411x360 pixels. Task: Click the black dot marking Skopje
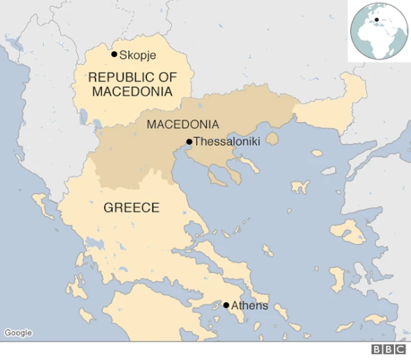pyautogui.click(x=114, y=55)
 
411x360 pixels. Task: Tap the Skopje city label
pyautogui.click(x=138, y=55)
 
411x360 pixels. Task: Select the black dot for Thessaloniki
pyautogui.click(x=189, y=142)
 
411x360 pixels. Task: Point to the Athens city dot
pyautogui.click(x=226, y=305)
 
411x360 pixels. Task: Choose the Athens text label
pyautogui.click(x=250, y=306)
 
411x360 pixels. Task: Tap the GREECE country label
pyautogui.click(x=132, y=208)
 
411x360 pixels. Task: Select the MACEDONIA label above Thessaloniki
pyautogui.click(x=182, y=124)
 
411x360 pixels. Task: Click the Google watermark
pyautogui.click(x=18, y=332)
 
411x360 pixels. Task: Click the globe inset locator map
pyautogui.click(x=378, y=31)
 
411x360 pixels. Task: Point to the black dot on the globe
pyautogui.click(x=376, y=20)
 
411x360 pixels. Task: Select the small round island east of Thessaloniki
pyautogui.click(x=273, y=139)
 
